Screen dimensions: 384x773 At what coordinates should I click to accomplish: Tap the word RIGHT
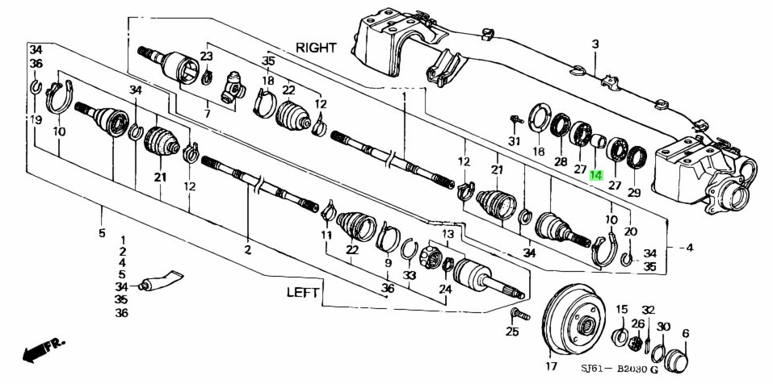317,48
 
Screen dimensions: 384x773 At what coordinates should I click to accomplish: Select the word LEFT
304,292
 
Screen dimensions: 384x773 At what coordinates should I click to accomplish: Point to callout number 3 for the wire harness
594,44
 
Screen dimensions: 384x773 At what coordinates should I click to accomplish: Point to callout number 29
634,193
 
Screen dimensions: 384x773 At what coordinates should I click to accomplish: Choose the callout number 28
561,162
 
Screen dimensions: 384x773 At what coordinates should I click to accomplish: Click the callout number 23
206,56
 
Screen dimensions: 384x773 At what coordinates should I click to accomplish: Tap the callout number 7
207,115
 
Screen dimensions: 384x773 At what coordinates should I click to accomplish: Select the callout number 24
446,288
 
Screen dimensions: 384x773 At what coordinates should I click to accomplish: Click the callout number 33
409,275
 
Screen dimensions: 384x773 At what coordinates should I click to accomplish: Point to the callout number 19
36,119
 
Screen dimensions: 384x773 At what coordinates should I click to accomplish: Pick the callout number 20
630,231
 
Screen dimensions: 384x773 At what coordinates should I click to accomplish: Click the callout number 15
622,310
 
